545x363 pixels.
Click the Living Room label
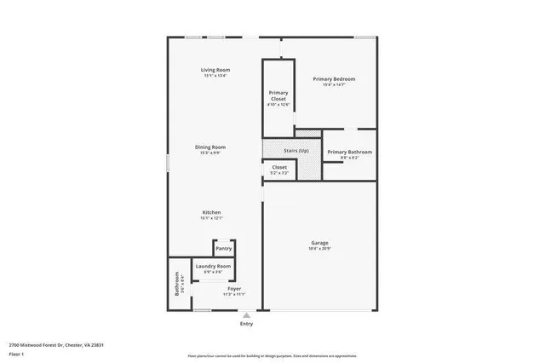pos(215,70)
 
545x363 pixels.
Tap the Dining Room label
pos(212,147)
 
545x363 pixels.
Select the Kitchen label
pos(212,212)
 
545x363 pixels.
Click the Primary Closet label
pos(278,95)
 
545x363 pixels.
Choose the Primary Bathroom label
pos(350,152)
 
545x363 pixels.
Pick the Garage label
pos(319,244)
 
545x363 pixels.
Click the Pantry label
pos(223,249)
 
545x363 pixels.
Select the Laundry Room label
pos(213,267)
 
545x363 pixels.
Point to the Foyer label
pos(233,289)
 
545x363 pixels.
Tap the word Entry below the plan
pos(246,324)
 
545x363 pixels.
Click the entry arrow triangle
pos(246,315)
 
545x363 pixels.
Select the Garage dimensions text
pos(319,249)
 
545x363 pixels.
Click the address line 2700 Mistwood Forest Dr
pos(56,345)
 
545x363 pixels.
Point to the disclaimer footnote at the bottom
pos(272,355)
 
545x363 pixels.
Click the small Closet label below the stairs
pos(279,168)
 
